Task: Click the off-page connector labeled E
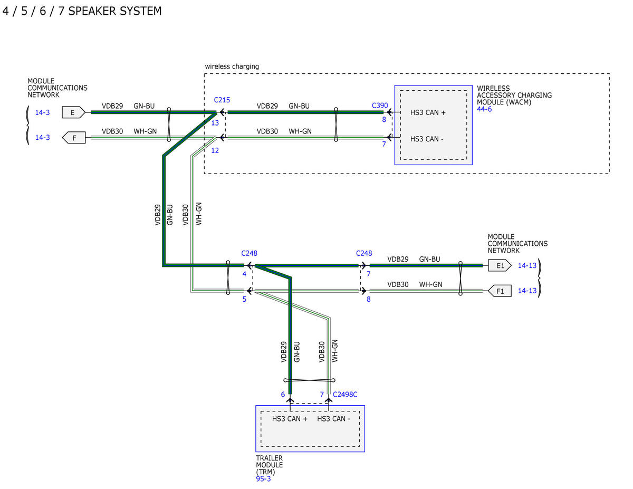[73, 112]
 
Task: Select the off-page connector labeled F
[74, 138]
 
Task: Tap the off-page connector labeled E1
[500, 265]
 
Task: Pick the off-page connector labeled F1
[500, 291]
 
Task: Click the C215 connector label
[222, 100]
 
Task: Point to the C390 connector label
[380, 106]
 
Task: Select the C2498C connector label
[345, 395]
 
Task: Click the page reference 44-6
[484, 109]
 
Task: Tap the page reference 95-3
[263, 479]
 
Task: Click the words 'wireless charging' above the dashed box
[232, 66]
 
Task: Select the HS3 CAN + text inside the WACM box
[428, 112]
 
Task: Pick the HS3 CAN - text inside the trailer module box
[333, 418]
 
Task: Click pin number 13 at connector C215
[215, 123]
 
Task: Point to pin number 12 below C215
[215, 150]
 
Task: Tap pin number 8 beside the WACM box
[384, 119]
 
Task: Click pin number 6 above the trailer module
[283, 395]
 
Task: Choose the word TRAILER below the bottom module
[269, 458]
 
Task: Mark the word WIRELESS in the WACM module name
[493, 88]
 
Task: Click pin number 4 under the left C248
[244, 274]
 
